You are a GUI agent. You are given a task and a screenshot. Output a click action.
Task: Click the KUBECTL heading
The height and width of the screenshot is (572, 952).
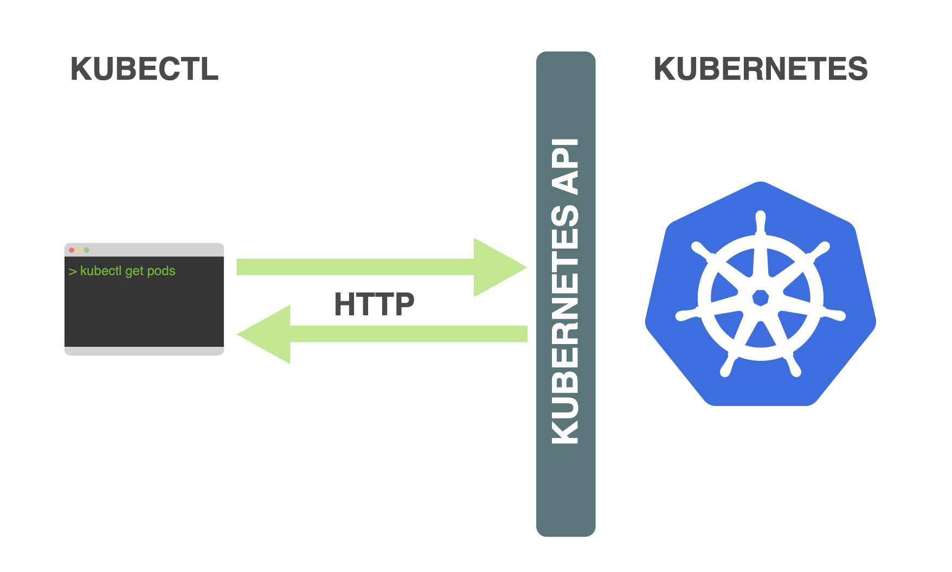click(x=144, y=69)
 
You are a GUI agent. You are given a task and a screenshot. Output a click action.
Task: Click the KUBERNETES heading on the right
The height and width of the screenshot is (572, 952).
click(x=760, y=69)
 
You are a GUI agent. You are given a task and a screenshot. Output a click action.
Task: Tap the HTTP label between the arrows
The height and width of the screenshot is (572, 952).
click(x=374, y=304)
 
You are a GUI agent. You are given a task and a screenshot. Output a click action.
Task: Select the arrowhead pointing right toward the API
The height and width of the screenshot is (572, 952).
click(x=496, y=267)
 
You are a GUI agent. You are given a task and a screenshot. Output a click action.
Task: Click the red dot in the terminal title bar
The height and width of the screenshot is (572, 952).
click(x=72, y=250)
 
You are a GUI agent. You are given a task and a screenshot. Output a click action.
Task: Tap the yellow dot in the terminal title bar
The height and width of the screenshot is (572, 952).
click(x=79, y=250)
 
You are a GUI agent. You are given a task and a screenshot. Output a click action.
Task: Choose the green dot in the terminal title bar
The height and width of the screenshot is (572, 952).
click(x=87, y=250)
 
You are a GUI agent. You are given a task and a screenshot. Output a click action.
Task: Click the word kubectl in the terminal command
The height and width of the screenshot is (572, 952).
click(x=101, y=271)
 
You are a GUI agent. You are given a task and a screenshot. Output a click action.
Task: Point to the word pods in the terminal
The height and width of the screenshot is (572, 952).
click(x=161, y=271)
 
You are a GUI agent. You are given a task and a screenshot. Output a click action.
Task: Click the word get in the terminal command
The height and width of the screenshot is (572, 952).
click(x=134, y=271)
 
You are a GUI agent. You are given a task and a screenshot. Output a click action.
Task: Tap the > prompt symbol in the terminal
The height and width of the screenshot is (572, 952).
click(x=72, y=271)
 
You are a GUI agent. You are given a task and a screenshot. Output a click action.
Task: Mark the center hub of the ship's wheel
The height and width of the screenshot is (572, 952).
click(x=760, y=298)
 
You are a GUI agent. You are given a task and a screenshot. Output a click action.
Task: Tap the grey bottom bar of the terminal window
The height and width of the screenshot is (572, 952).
click(x=144, y=351)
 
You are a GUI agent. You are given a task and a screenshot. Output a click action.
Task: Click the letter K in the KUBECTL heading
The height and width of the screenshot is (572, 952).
click(x=82, y=69)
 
